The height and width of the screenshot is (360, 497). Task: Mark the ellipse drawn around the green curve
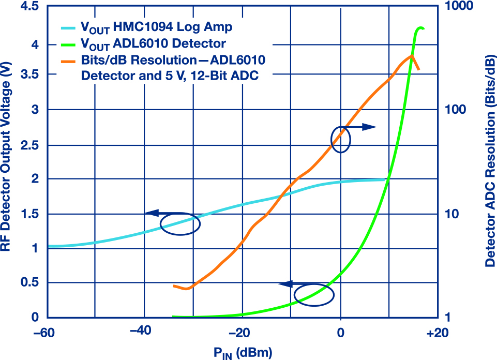314,294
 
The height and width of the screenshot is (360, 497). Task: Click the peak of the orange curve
412,55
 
